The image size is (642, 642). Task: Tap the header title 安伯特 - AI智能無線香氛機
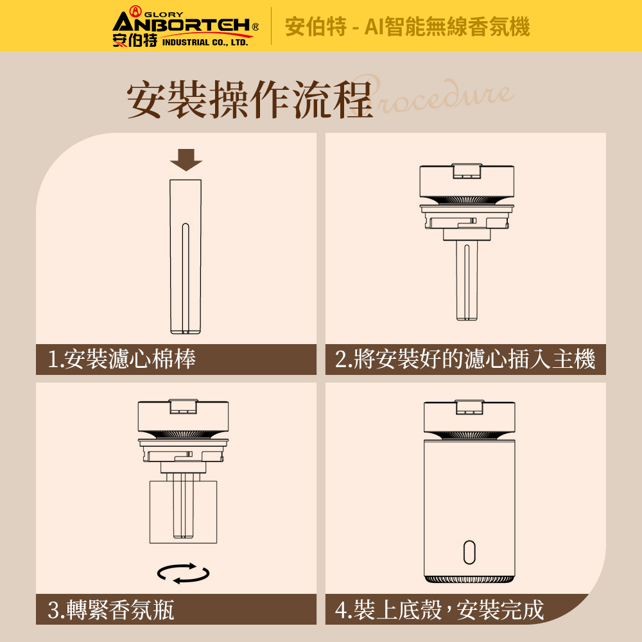click(x=407, y=26)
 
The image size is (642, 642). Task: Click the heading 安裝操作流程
click(x=250, y=100)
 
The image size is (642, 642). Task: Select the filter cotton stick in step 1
click(x=186, y=257)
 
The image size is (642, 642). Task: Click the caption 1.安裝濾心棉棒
click(x=121, y=359)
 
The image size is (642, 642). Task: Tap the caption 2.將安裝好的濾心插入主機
click(x=465, y=359)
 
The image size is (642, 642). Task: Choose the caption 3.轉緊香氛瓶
click(x=111, y=610)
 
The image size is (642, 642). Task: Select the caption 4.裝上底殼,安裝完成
click(x=439, y=610)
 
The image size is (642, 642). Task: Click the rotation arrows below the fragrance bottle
click(x=184, y=573)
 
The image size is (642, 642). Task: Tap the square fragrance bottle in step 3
click(x=183, y=512)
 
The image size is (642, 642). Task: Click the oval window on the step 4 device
click(x=469, y=552)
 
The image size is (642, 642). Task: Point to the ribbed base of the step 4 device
click(x=469, y=579)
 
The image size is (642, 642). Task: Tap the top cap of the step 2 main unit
click(x=467, y=180)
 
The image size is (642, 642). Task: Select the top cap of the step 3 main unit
click(x=183, y=416)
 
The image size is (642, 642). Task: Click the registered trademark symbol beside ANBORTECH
click(x=255, y=27)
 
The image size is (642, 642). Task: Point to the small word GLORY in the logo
click(x=164, y=15)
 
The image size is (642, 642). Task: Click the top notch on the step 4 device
click(x=470, y=407)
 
